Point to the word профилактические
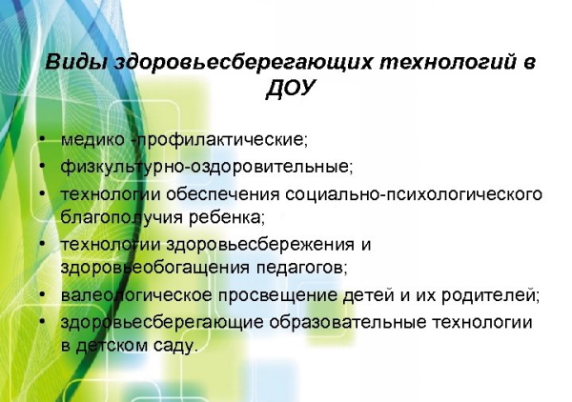(222, 140)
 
